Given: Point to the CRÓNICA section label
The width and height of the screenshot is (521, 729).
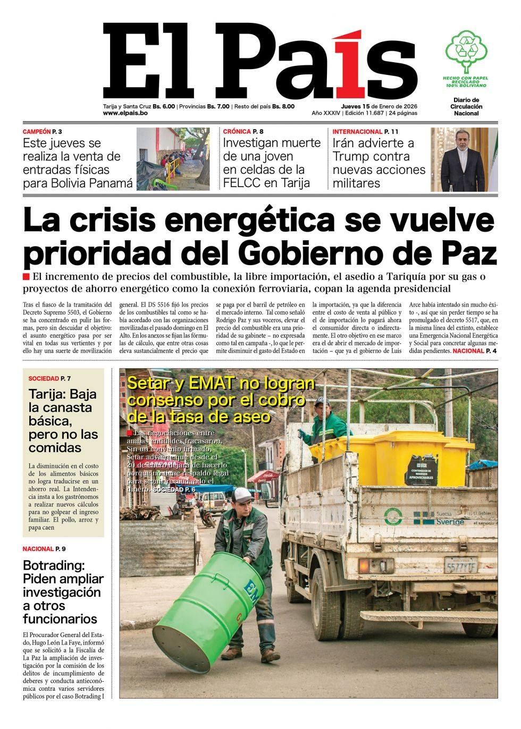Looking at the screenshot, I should tap(237, 131).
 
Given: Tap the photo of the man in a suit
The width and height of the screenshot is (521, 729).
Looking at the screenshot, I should tap(464, 159).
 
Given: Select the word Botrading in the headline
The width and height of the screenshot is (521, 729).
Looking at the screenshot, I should tap(56, 565).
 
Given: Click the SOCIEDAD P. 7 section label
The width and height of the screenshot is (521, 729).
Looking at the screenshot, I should tap(49, 378).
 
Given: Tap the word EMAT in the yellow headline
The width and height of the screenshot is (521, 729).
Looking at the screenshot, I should tap(204, 383).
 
